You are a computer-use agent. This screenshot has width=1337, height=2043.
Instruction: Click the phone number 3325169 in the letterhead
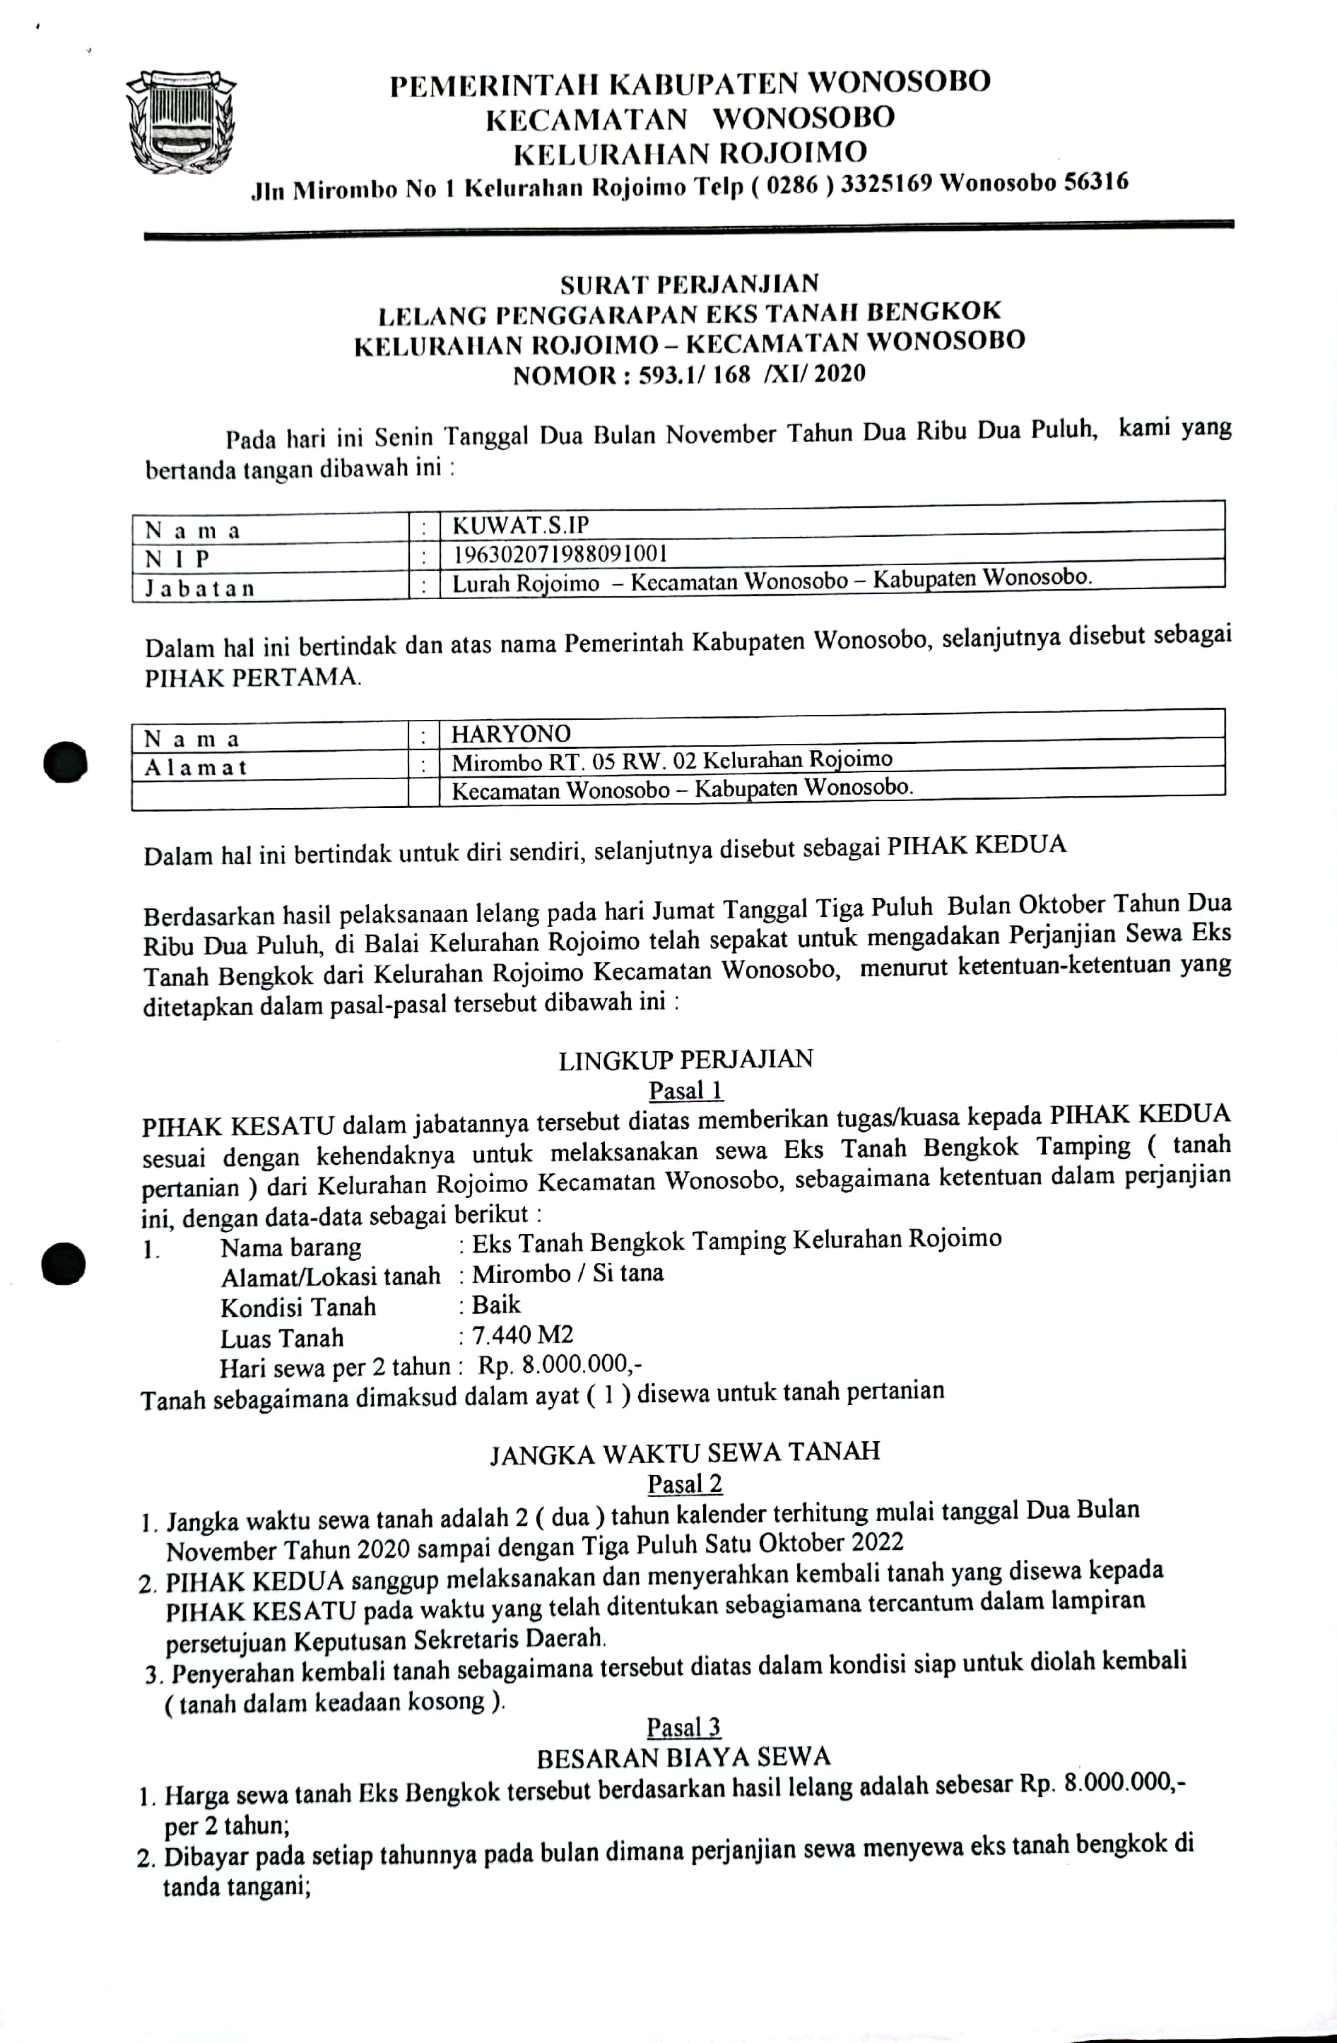[x=885, y=184]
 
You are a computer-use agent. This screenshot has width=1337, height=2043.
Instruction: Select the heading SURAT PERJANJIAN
[x=689, y=283]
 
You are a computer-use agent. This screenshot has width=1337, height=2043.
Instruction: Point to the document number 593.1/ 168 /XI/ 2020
[x=751, y=374]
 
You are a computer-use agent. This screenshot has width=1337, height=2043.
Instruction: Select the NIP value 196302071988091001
[x=559, y=554]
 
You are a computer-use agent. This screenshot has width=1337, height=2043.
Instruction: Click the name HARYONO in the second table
[x=511, y=734]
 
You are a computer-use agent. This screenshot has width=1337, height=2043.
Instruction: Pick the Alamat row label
[x=195, y=766]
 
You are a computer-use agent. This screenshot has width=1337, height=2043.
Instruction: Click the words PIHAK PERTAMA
[x=252, y=677]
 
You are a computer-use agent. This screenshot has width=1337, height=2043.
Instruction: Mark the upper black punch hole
[x=65, y=762]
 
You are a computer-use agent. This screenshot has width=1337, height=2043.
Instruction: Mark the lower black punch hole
[x=64, y=1265]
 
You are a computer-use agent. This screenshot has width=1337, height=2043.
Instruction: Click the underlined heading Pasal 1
[x=685, y=1090]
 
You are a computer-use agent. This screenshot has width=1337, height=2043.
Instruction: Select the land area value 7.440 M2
[x=522, y=1335]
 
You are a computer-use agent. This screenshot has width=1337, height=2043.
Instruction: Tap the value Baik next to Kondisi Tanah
[x=495, y=1305]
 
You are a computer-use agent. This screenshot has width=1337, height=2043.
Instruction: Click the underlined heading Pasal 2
[x=684, y=1484]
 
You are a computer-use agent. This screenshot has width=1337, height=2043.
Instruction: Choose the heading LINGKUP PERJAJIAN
[x=685, y=1060]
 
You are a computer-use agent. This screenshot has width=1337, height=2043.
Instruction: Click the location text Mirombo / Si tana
[x=567, y=1273]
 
